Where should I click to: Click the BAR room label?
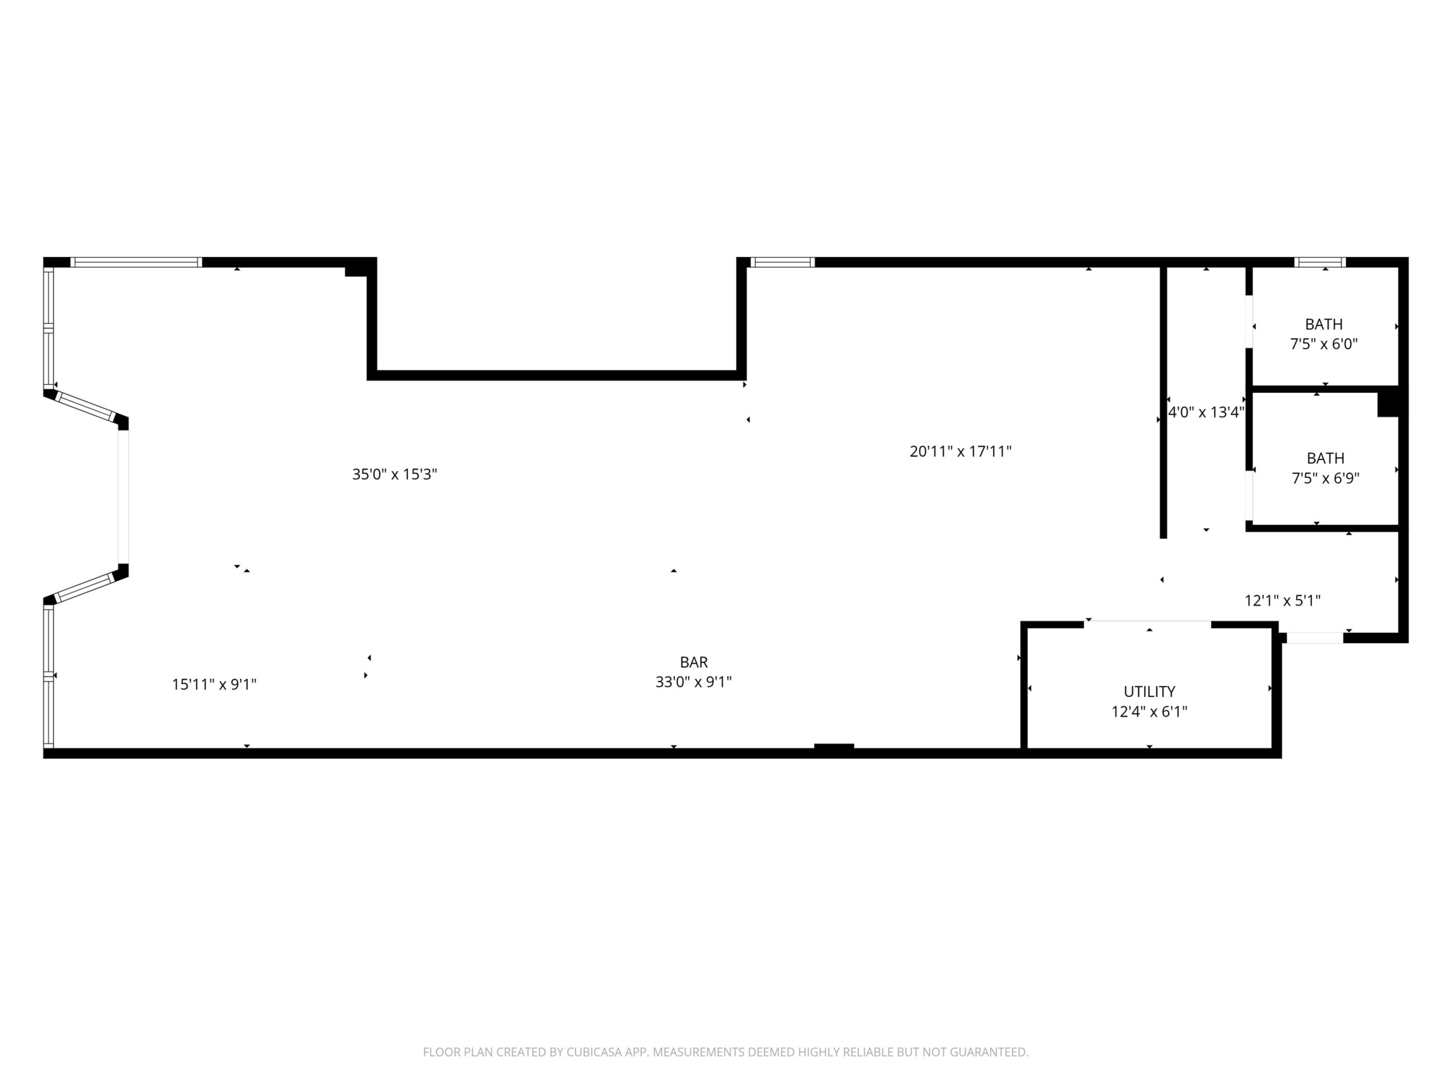tap(693, 662)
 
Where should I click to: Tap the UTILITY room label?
tap(1149, 692)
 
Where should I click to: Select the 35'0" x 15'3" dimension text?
tap(394, 475)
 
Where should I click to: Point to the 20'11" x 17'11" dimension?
tap(960, 452)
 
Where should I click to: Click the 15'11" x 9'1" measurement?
tap(214, 685)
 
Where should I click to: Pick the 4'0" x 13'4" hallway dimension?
tap(1206, 413)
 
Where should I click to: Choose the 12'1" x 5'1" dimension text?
tap(1282, 601)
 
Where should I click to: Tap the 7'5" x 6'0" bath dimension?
tap(1323, 344)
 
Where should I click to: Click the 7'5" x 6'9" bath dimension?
tap(1326, 478)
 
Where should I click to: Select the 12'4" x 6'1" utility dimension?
tap(1149, 711)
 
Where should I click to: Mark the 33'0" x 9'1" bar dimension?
tap(693, 682)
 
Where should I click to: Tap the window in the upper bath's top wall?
tap(1321, 262)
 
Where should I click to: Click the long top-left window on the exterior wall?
tap(136, 262)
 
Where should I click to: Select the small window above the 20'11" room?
tap(782, 262)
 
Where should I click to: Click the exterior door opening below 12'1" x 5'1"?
tap(1315, 638)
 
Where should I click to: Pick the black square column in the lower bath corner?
tap(1388, 403)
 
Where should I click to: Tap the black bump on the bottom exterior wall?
tap(834, 746)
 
